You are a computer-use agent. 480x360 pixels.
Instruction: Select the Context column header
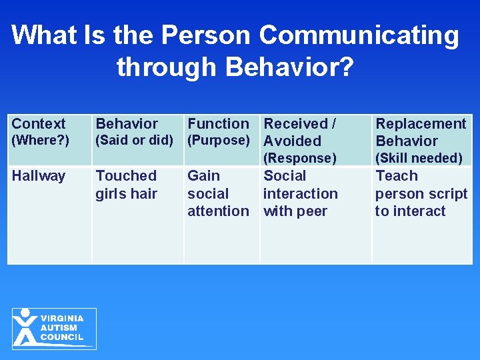pos(39,123)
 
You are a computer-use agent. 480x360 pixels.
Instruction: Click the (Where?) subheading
pos(40,140)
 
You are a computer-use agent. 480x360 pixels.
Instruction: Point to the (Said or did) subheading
pos(135,140)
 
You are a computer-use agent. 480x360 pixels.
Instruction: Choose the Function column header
pos(218,123)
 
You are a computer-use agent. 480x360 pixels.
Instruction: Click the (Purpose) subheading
pos(219,140)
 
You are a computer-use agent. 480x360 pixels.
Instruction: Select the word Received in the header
pos(296,123)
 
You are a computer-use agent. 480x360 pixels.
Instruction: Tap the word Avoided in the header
pos(293,141)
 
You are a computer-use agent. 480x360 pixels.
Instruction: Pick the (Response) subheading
pos(300,158)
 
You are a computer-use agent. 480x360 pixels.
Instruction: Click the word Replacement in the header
pos(421,123)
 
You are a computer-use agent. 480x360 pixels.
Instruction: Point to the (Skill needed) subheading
pos(419,158)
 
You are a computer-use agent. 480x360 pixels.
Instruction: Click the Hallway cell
pos(39,176)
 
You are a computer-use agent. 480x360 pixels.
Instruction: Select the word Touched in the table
pos(126,176)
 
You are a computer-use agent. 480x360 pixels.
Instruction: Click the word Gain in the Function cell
pos(203,176)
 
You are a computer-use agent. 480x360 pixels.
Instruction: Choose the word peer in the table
pos(313,211)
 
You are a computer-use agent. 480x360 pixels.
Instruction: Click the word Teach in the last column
pos(397,176)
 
